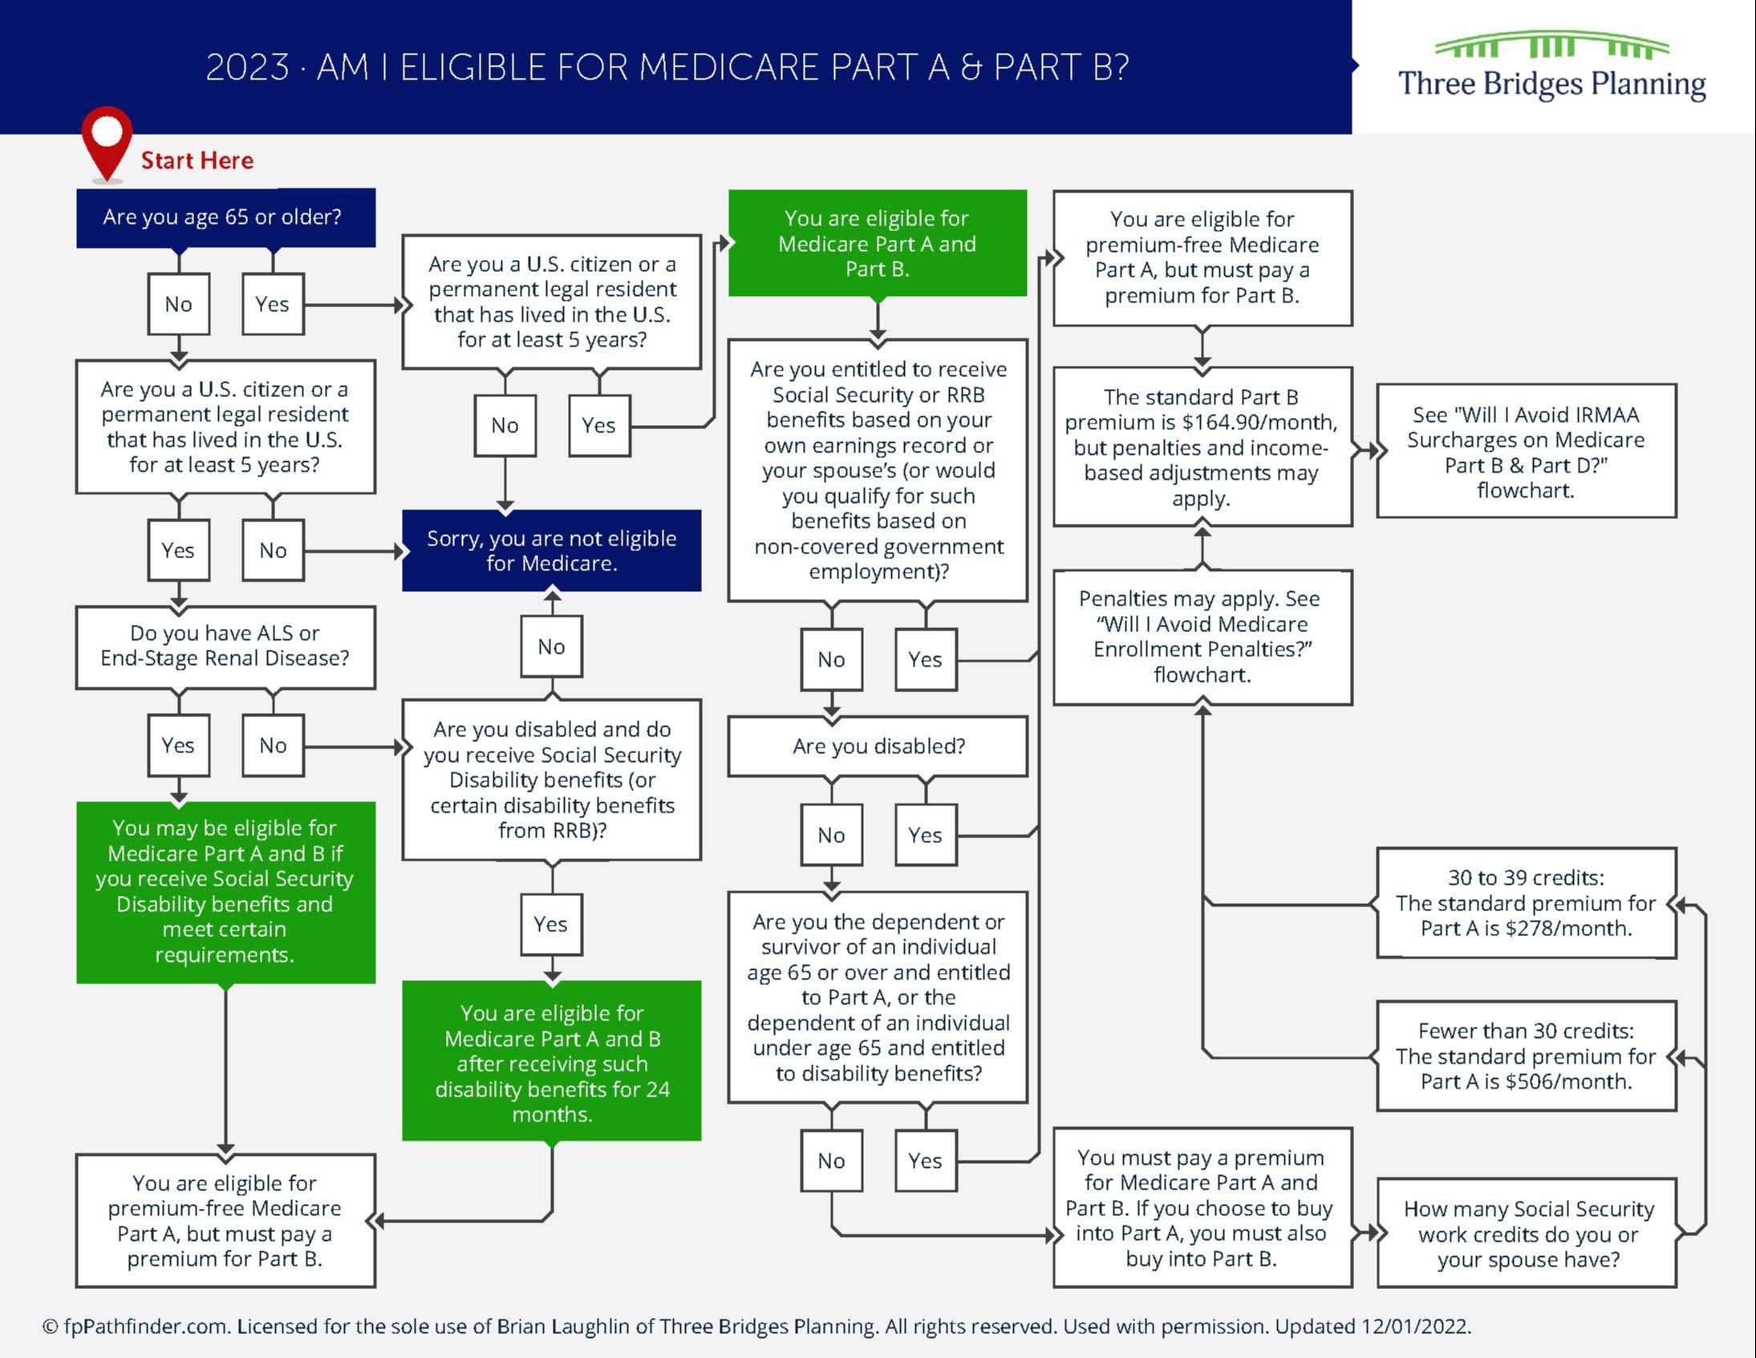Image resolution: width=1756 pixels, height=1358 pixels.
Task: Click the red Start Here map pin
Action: (106, 140)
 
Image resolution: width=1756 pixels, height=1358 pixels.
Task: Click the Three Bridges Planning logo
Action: (1551, 67)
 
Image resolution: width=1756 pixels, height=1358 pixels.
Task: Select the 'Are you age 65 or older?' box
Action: (225, 217)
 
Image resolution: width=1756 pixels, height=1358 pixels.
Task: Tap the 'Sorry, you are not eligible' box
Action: (552, 551)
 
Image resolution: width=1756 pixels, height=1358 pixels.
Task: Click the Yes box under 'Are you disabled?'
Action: (926, 834)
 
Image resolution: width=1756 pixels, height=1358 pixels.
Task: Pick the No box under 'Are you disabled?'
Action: (831, 834)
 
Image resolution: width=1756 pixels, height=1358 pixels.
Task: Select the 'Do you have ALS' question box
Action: (225, 647)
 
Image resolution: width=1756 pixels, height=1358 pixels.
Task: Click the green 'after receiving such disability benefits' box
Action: (552, 1061)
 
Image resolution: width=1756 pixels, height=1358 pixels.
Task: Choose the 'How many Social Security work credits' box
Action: (1527, 1234)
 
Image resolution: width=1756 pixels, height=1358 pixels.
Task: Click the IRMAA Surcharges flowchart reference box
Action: (1526, 451)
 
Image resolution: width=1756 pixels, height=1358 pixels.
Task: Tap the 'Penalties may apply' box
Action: (1202, 637)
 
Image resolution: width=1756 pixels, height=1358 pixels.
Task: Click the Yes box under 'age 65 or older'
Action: (273, 304)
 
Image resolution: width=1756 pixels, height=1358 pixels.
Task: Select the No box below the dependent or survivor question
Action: (831, 1160)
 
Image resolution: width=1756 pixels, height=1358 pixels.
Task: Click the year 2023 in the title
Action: (247, 67)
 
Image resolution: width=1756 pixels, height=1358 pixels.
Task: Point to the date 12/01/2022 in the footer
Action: (1414, 1327)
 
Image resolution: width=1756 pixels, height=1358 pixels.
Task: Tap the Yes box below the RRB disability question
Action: (551, 924)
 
